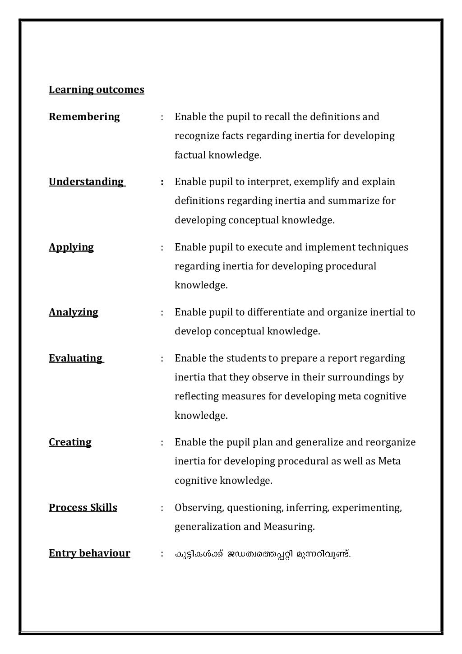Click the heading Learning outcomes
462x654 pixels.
(97, 90)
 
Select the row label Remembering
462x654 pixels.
(84, 117)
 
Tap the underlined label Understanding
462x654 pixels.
(86, 182)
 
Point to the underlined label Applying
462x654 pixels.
(71, 247)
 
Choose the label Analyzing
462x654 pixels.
(74, 312)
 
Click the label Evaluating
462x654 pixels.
(76, 358)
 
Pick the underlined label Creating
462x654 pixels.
(70, 442)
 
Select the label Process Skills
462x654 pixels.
(83, 508)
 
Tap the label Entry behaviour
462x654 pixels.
(89, 553)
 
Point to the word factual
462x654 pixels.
(190, 156)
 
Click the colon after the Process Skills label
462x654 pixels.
(162, 508)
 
